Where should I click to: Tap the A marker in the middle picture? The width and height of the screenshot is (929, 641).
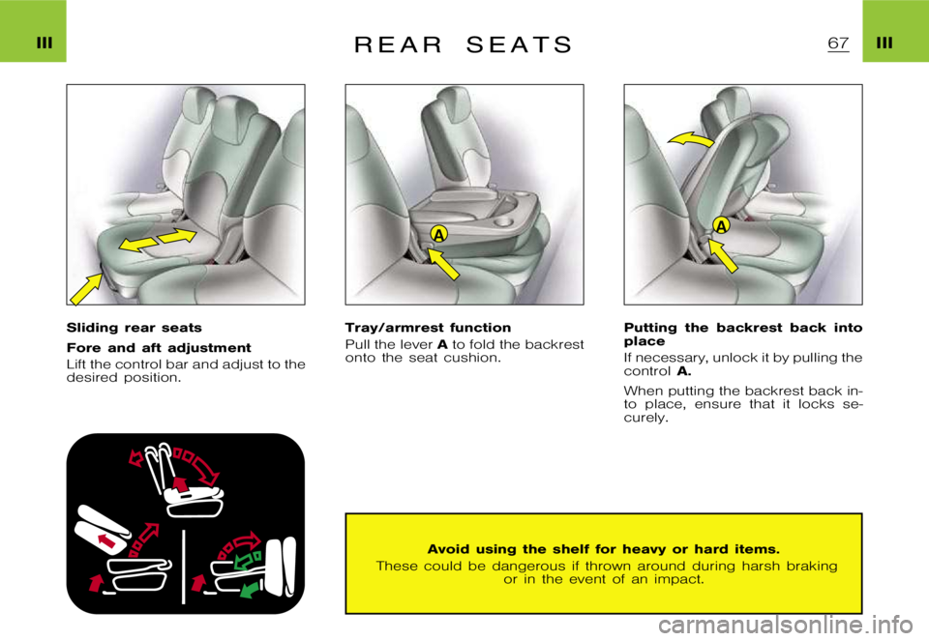(x=438, y=236)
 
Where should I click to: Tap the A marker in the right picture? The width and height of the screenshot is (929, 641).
(x=721, y=224)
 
